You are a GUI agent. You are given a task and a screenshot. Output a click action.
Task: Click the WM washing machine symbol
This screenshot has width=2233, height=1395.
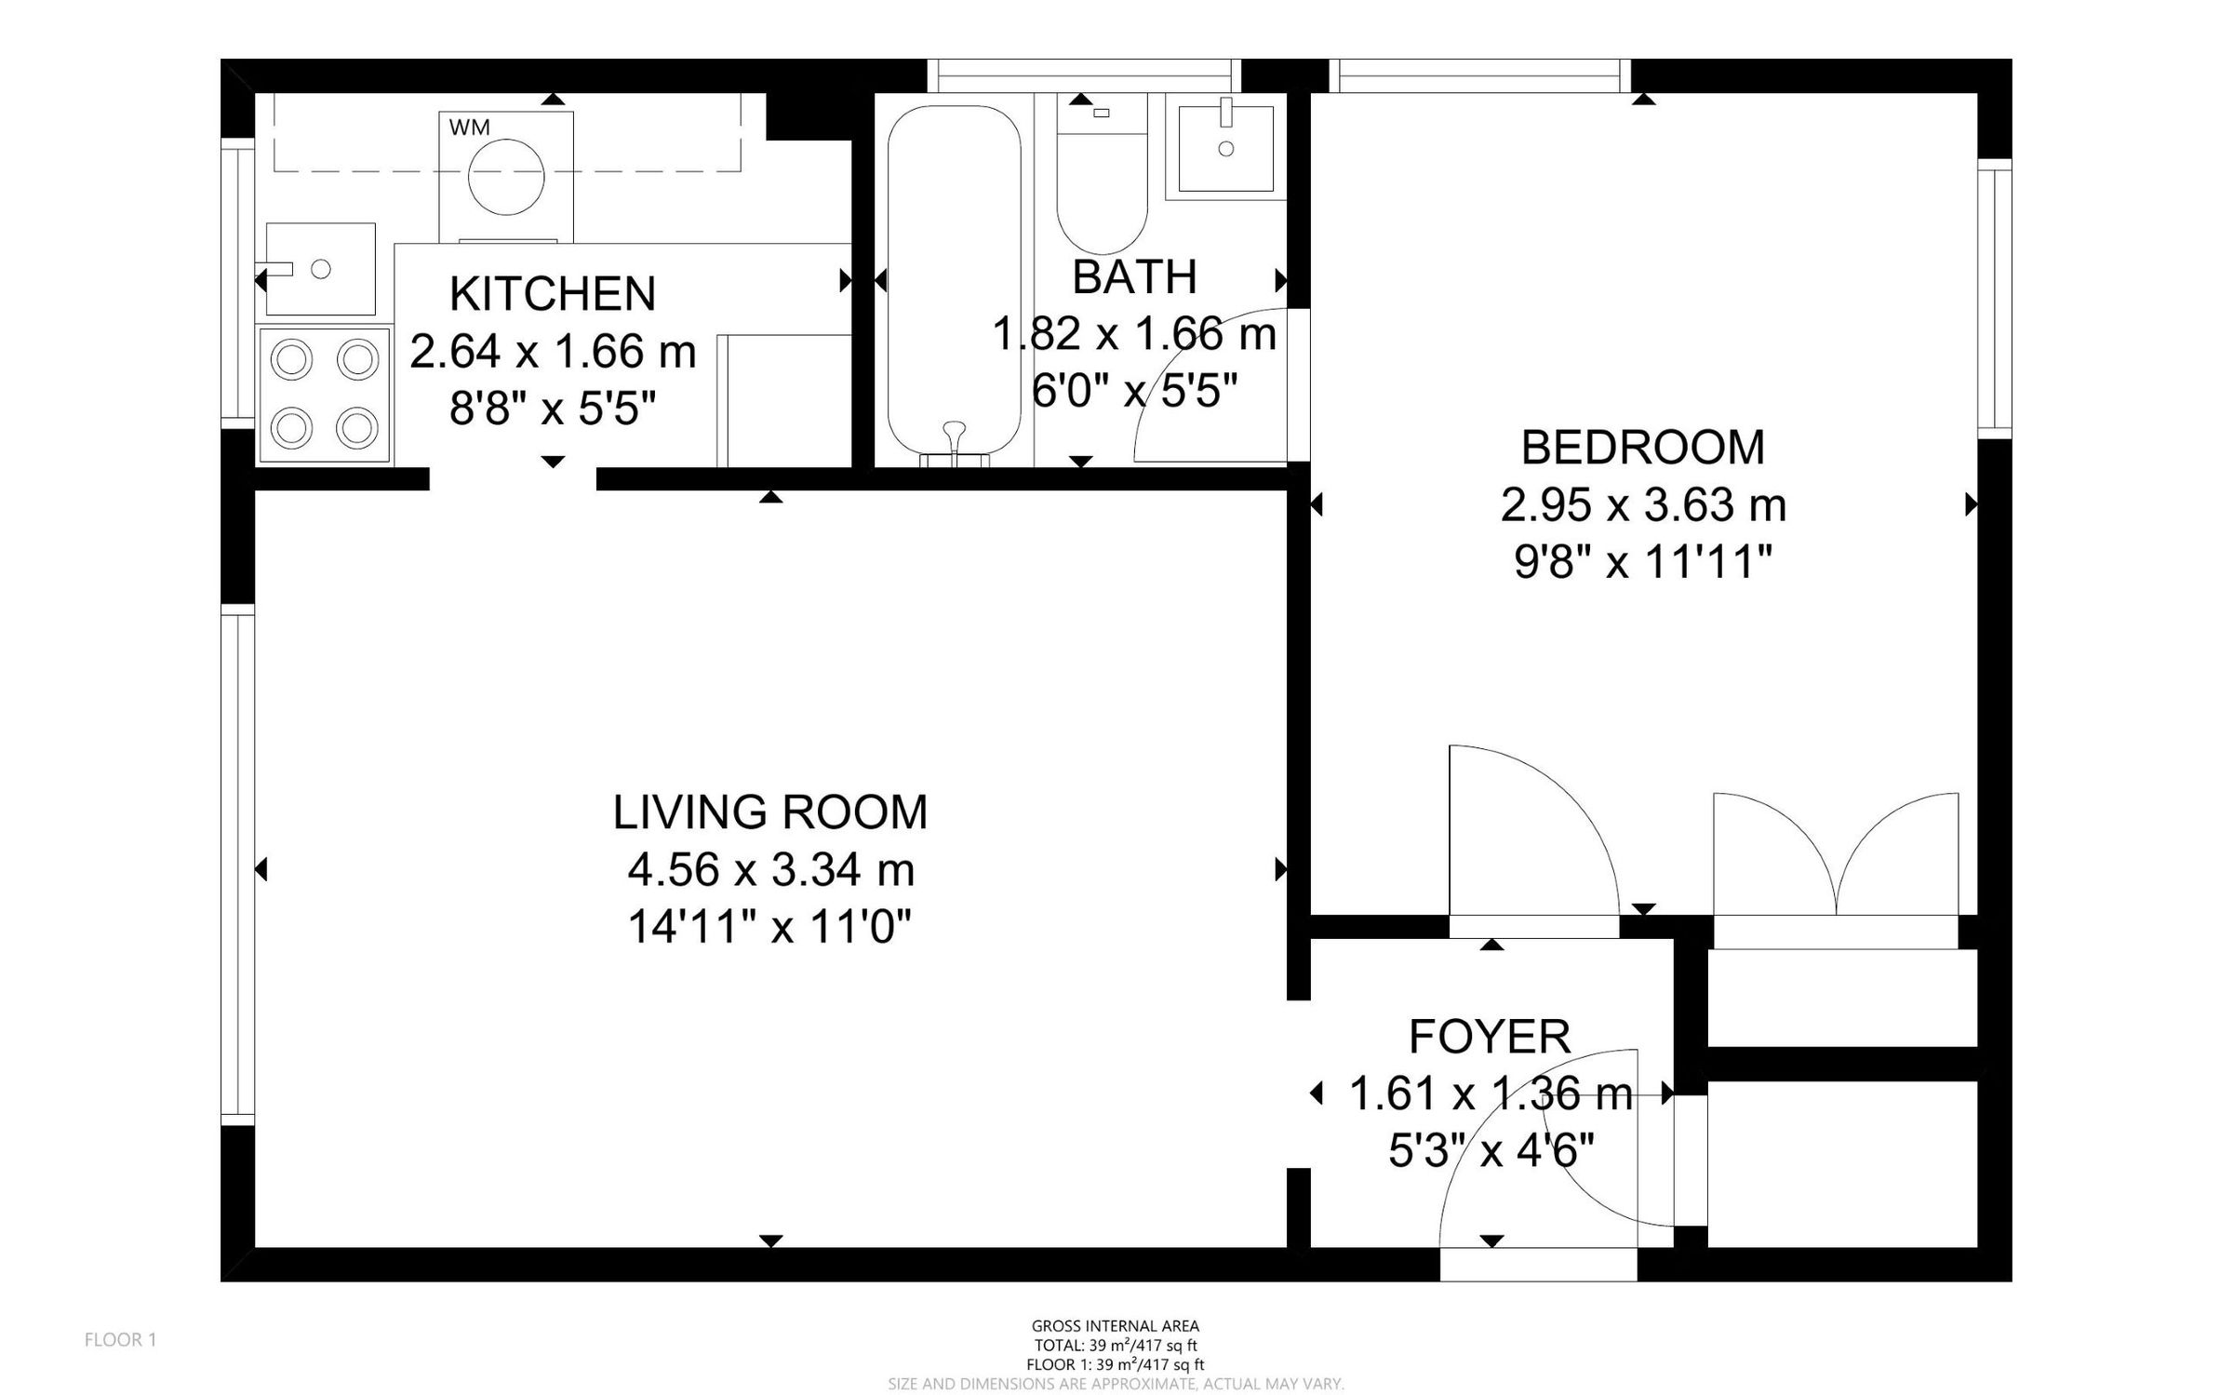pos(505,176)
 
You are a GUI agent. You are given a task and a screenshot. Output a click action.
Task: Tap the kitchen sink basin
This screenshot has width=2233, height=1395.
pos(320,269)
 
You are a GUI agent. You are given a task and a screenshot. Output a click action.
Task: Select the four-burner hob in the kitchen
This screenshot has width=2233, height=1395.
pos(324,395)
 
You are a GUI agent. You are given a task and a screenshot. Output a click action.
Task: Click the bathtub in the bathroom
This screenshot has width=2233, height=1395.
pos(953,284)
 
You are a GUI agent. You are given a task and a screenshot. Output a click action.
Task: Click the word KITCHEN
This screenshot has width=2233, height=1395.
pos(553,294)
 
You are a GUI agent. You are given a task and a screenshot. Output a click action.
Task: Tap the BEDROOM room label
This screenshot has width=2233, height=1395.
pos(1642,448)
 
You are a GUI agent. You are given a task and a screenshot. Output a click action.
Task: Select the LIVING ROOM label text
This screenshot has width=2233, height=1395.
pos(769,812)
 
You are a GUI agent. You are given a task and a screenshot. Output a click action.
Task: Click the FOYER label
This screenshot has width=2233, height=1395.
pos(1490,1037)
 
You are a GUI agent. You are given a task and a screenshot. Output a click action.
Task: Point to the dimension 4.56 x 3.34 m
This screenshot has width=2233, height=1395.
pos(770,870)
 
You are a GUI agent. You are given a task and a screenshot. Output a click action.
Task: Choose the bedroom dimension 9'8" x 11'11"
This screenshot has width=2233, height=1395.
pos(1642,563)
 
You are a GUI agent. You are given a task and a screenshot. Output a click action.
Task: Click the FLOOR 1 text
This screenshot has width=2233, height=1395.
pos(120,1339)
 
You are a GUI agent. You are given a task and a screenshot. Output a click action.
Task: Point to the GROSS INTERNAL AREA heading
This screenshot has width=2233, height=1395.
pos(1115,1326)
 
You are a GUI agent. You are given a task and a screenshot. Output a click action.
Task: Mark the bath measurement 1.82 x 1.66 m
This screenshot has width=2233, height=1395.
pos(1133,334)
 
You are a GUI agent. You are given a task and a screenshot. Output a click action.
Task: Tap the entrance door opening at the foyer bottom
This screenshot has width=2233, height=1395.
pos(1537,1265)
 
